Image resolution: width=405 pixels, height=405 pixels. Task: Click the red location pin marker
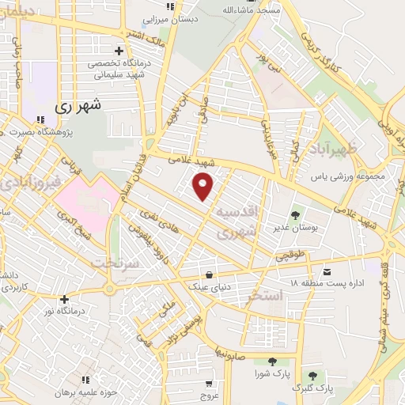[x=204, y=187]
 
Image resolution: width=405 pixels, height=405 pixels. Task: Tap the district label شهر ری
[x=80, y=104]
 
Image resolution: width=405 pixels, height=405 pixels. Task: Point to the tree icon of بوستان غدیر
[x=295, y=214]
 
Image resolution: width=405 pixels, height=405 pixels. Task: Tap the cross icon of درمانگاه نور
[x=65, y=299]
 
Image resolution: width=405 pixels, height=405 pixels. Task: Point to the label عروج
[x=209, y=395]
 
